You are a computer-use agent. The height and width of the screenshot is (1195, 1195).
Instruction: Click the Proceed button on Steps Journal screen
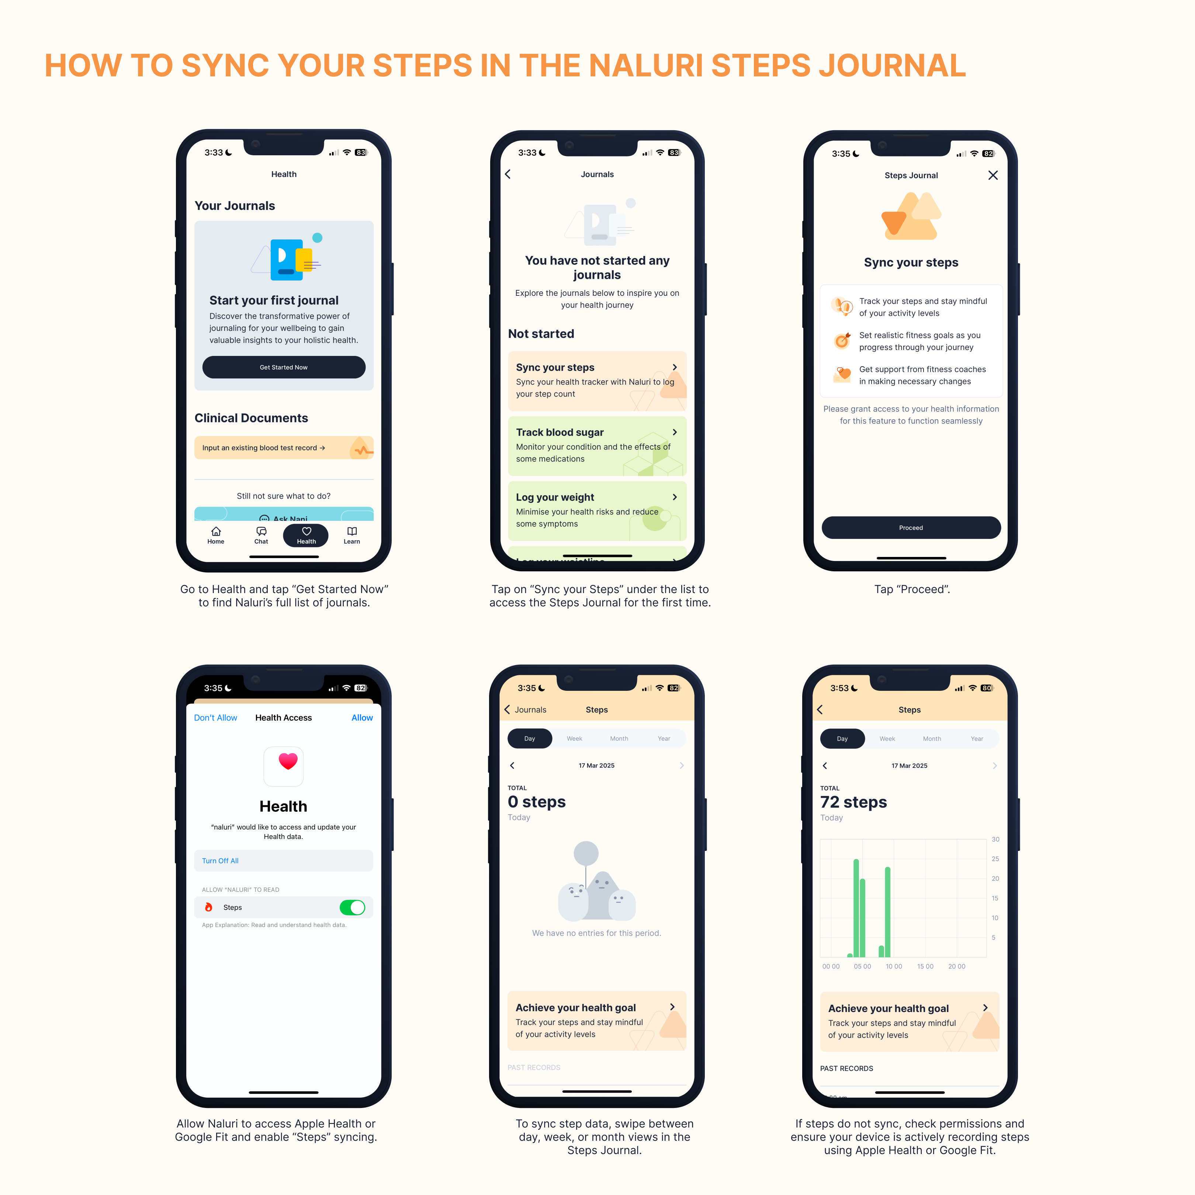(x=911, y=527)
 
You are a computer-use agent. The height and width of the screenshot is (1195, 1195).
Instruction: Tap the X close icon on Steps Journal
(x=993, y=176)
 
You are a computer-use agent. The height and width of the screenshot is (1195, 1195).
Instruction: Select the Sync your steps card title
(x=555, y=367)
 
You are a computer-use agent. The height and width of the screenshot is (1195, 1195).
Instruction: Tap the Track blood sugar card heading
(x=560, y=432)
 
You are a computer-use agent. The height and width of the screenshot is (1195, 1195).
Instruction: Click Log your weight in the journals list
(x=555, y=497)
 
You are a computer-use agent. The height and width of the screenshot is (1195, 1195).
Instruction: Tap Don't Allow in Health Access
(x=215, y=717)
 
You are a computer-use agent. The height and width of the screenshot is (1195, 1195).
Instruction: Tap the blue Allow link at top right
(x=362, y=717)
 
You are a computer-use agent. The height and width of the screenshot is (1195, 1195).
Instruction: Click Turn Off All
(x=220, y=861)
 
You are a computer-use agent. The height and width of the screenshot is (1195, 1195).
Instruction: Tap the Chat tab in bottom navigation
(x=261, y=535)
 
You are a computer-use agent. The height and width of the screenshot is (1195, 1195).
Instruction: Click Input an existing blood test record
(x=263, y=448)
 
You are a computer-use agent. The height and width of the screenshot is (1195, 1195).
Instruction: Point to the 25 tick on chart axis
(x=995, y=859)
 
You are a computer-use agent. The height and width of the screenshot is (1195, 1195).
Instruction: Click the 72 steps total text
(x=853, y=802)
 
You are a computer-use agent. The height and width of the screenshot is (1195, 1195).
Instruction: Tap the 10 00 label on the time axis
(x=894, y=966)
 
